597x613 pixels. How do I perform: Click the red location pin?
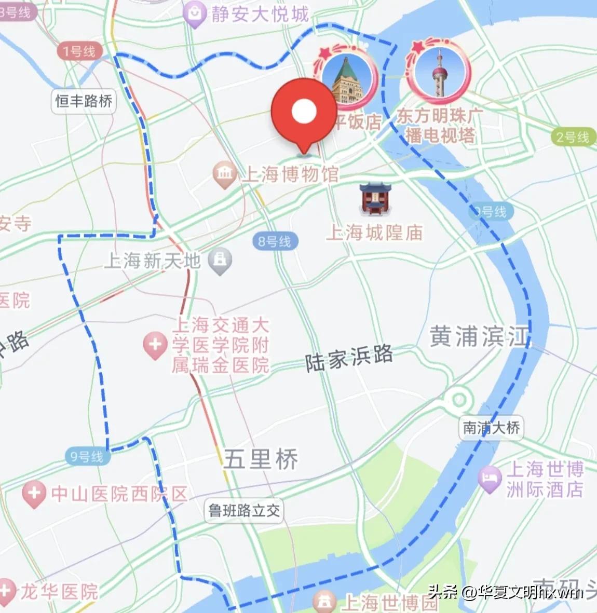click(304, 112)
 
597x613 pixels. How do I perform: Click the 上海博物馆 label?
click(291, 174)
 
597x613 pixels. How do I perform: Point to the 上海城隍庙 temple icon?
click(375, 198)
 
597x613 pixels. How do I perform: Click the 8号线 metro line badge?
click(275, 241)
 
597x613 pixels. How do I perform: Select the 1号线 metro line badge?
click(79, 51)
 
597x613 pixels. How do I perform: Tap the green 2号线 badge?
click(573, 138)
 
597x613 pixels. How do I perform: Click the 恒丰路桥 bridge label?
click(84, 101)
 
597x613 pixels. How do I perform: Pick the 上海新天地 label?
click(152, 261)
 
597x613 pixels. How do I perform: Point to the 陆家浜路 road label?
click(349, 358)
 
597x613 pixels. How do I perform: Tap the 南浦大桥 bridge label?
click(491, 428)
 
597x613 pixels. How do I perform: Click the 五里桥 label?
click(261, 459)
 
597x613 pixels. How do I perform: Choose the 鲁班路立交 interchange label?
click(244, 511)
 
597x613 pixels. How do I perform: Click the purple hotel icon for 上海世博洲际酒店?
click(490, 479)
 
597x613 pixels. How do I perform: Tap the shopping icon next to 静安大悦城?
click(196, 14)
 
